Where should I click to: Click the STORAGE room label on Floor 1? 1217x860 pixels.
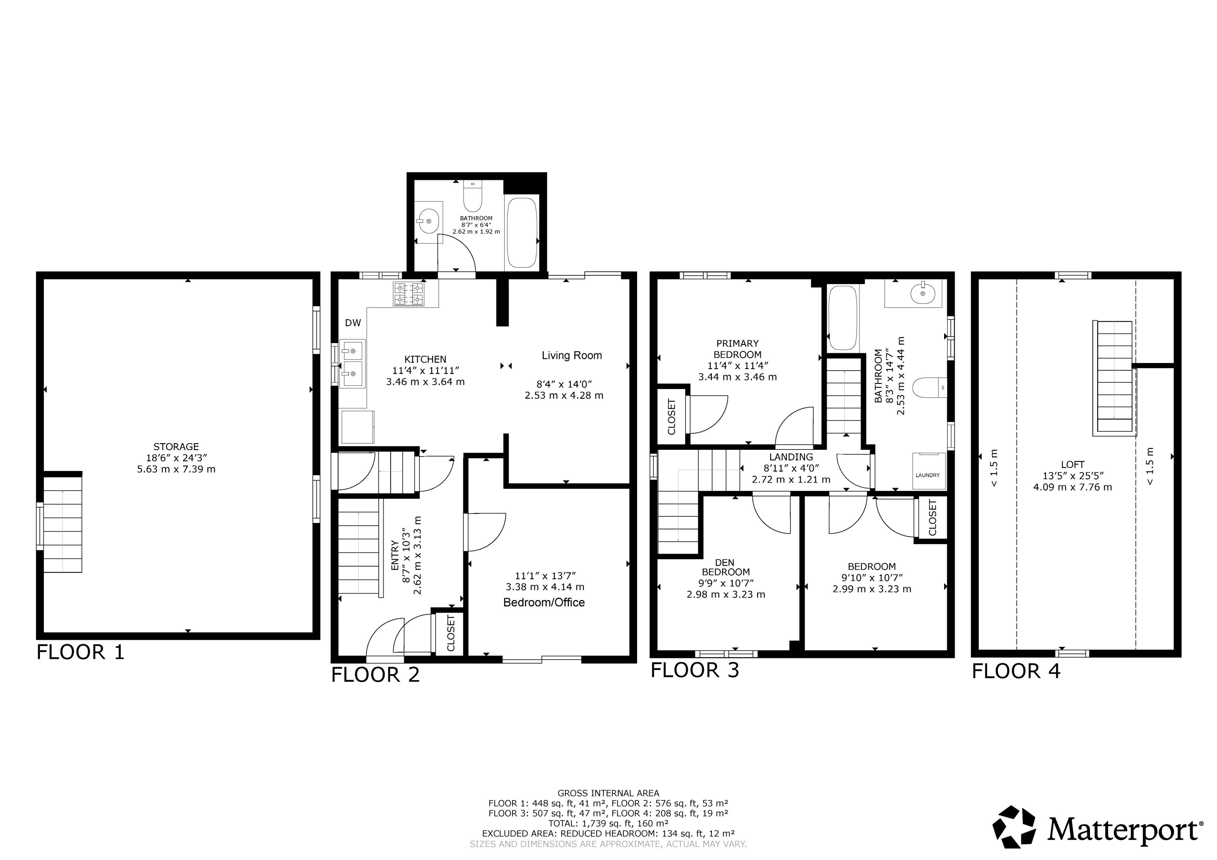click(176, 447)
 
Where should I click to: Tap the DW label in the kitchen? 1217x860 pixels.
click(353, 323)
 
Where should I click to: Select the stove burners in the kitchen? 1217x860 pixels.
click(408, 294)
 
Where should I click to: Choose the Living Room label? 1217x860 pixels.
click(572, 355)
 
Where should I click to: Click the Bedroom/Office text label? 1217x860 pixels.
click(544, 602)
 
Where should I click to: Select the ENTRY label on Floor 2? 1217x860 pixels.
click(395, 555)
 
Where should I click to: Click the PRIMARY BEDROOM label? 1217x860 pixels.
click(737, 349)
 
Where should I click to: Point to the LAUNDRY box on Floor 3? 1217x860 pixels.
click(928, 470)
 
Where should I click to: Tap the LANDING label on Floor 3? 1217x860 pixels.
click(791, 457)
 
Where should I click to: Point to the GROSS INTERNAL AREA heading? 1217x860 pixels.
click(608, 793)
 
